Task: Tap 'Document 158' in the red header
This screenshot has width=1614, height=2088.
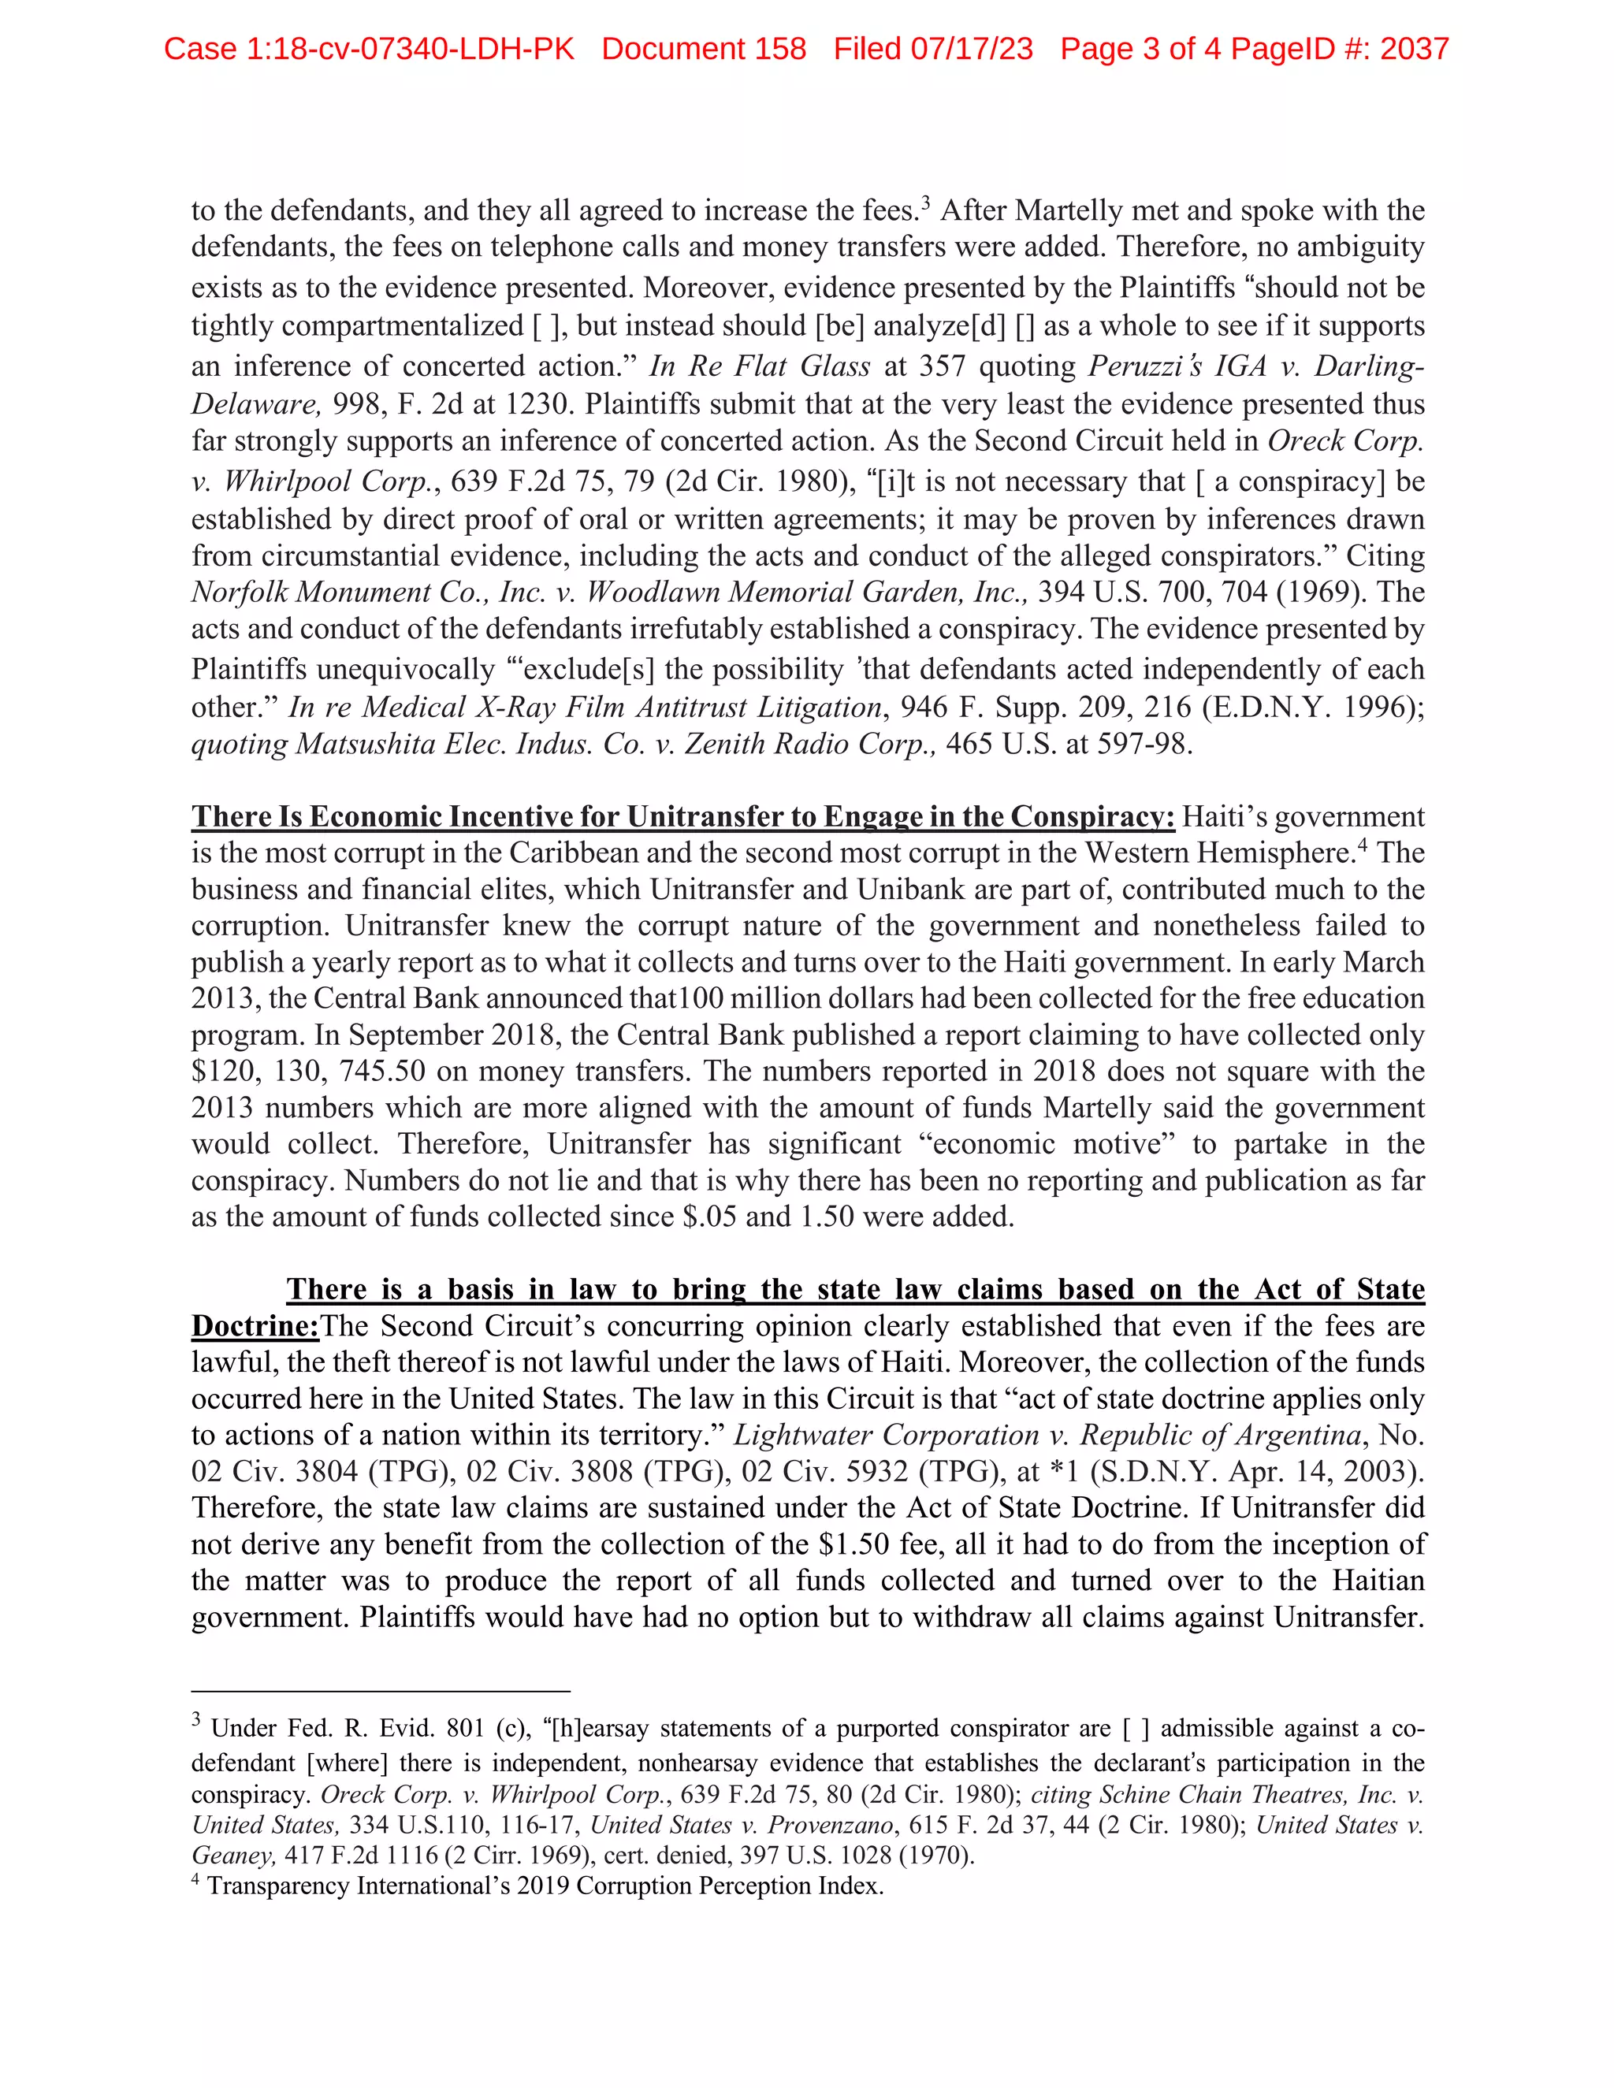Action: [x=703, y=49]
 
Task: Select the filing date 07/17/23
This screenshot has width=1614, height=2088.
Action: [x=972, y=49]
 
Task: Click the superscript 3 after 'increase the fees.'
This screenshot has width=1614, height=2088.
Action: [x=924, y=202]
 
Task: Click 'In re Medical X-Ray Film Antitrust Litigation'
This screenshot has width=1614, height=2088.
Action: [x=584, y=708]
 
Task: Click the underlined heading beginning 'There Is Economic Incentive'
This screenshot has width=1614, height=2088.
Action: [x=682, y=816]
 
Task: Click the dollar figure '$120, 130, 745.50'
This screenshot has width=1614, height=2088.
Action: [x=309, y=1072]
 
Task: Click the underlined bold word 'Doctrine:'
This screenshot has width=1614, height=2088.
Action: [x=255, y=1327]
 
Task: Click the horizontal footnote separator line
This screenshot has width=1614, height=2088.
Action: [x=380, y=1691]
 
